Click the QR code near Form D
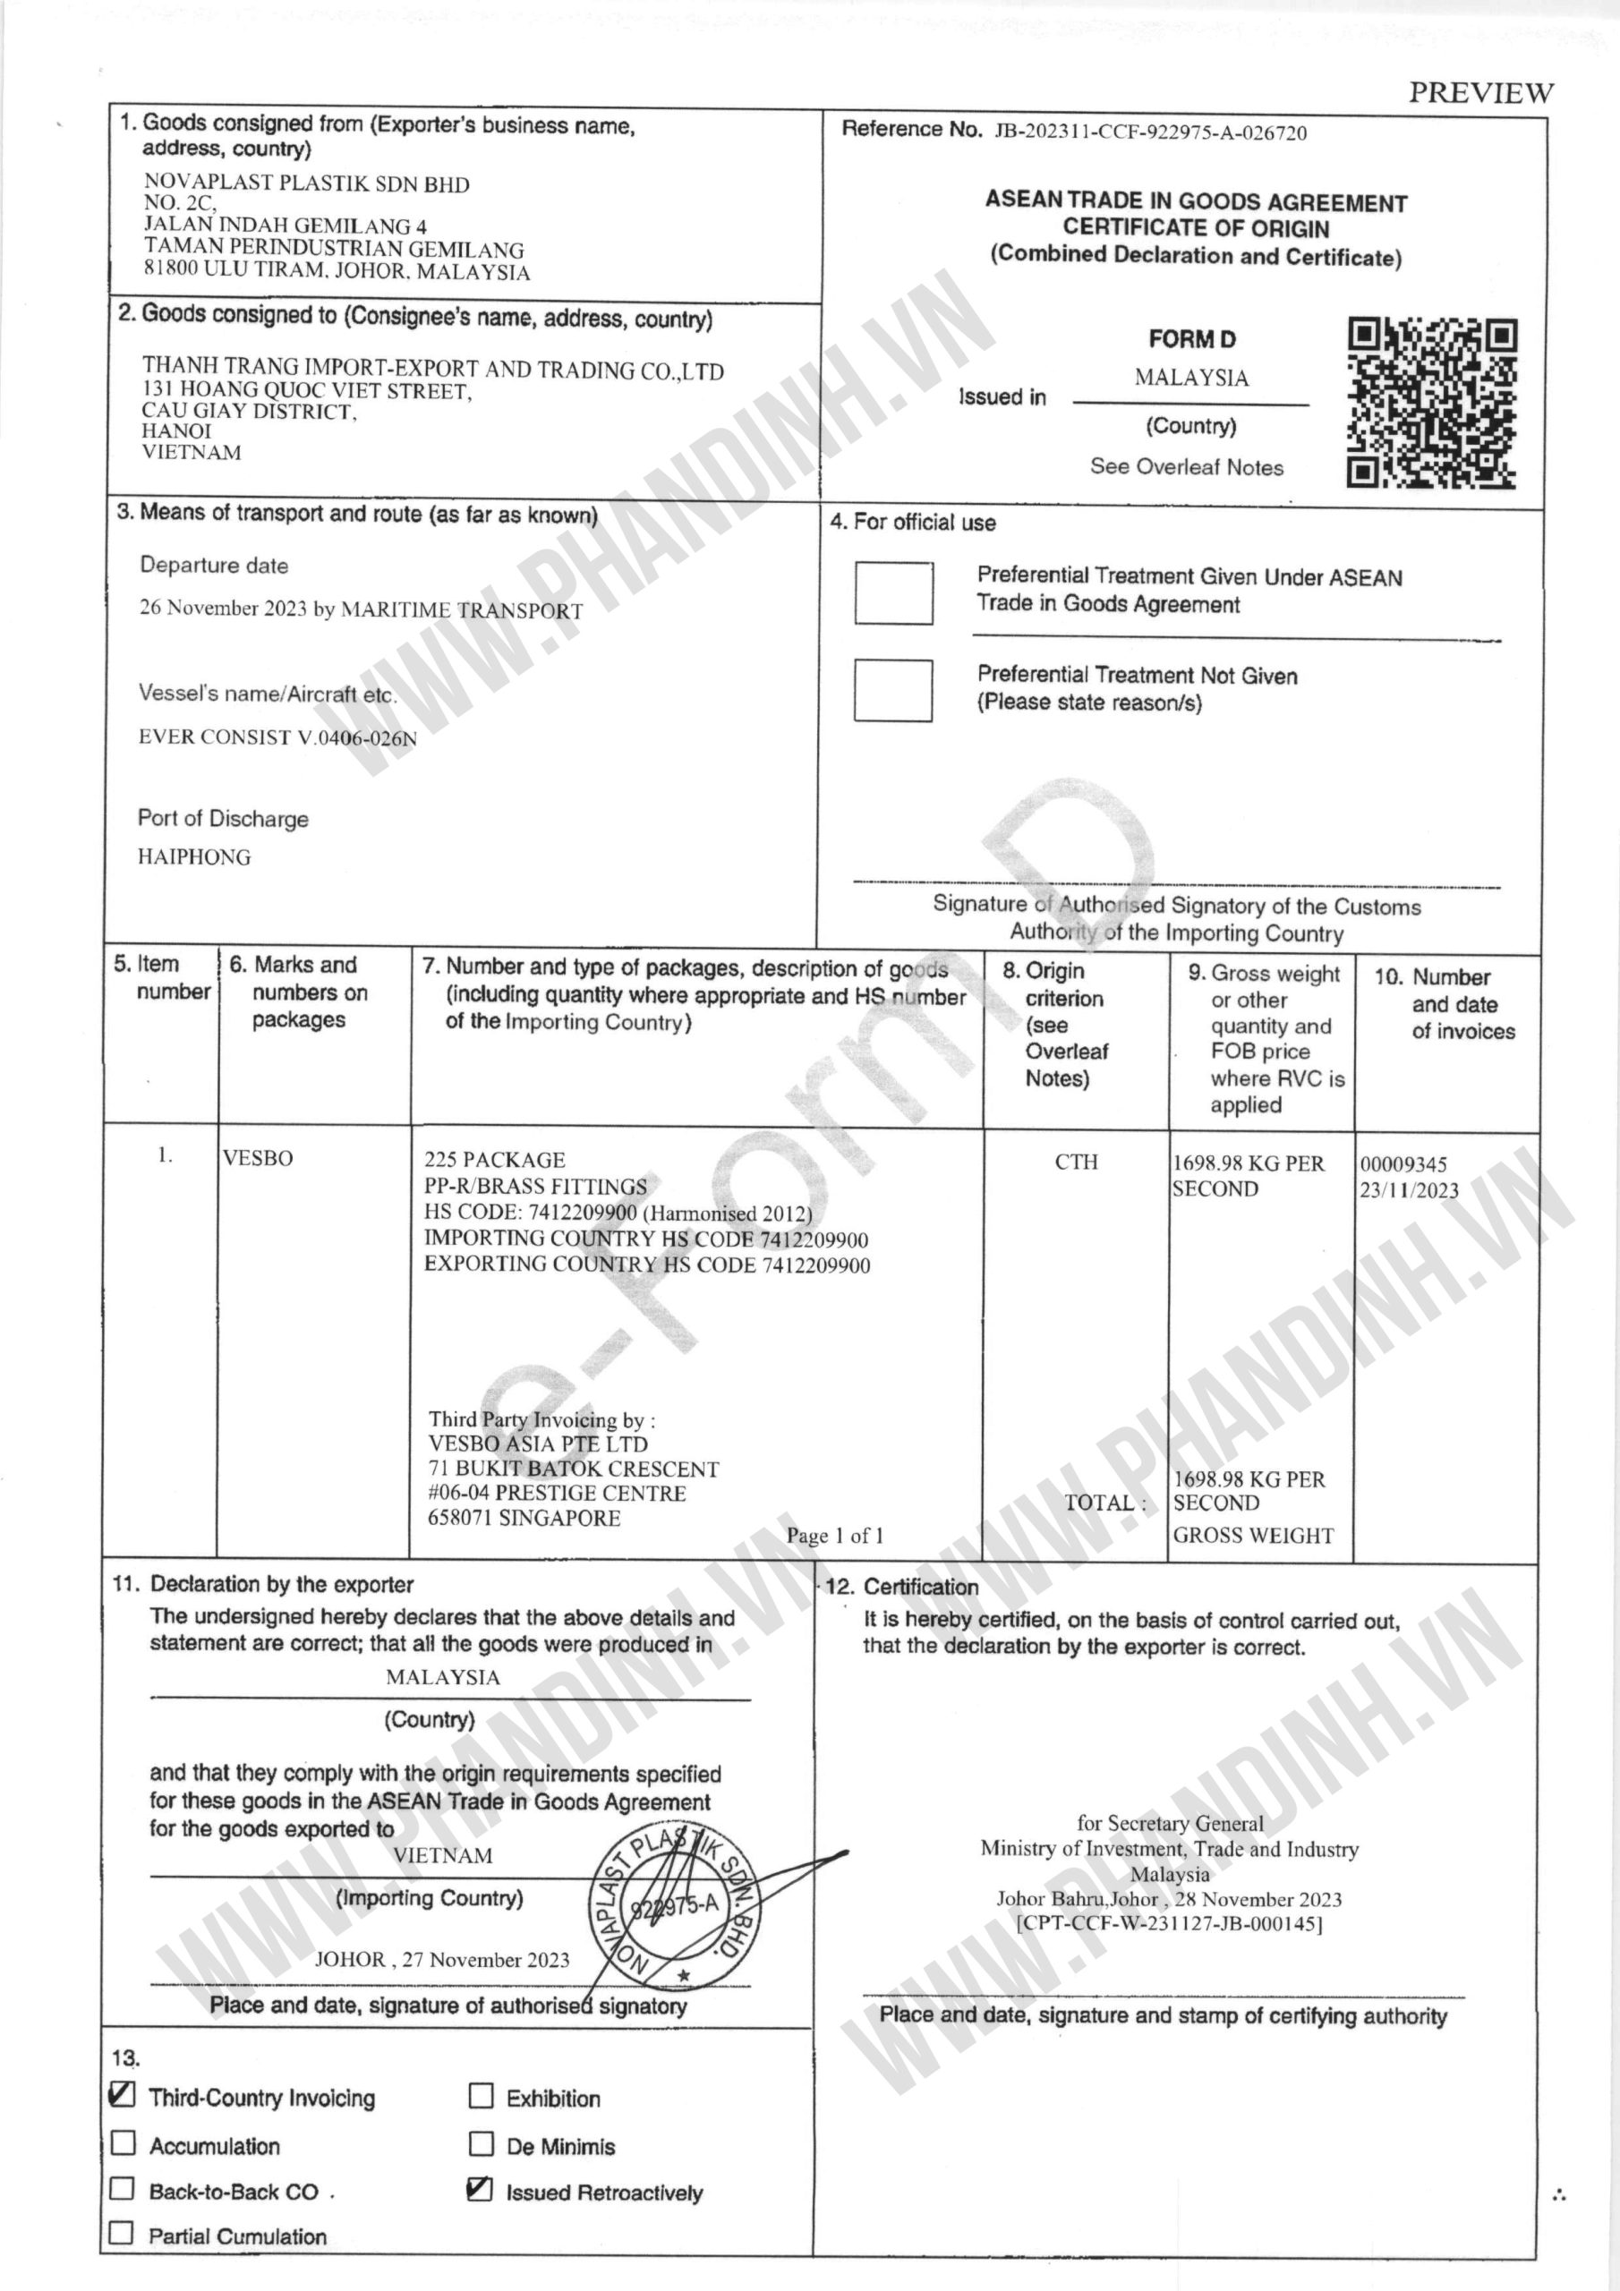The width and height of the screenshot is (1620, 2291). click(1431, 403)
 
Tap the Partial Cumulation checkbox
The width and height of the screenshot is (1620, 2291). click(122, 2233)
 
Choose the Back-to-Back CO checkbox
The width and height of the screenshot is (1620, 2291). click(122, 2188)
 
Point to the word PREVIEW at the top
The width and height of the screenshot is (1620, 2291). click(1480, 93)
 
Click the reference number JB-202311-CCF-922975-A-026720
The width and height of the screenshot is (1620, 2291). click(1150, 132)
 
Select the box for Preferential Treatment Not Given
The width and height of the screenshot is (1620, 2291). click(892, 689)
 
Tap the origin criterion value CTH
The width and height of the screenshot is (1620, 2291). click(1075, 1162)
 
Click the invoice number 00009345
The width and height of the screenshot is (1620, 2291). click(1403, 1164)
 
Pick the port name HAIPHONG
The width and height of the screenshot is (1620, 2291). click(194, 857)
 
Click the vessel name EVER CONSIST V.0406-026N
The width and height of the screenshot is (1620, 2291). click(277, 738)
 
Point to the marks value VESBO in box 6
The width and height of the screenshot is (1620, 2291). click(259, 1158)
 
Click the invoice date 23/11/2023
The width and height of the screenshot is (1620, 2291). click(1409, 1190)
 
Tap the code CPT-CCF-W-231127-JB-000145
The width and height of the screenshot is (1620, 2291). click(1169, 1925)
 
